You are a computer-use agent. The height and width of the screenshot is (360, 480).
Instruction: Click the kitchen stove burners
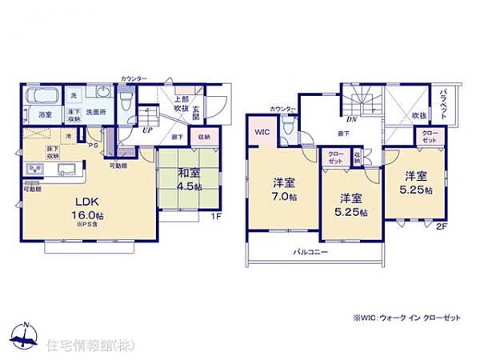[35, 169]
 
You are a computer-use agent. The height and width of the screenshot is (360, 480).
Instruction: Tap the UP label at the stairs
[148, 130]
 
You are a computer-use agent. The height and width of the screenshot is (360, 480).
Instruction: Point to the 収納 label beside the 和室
[203, 137]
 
